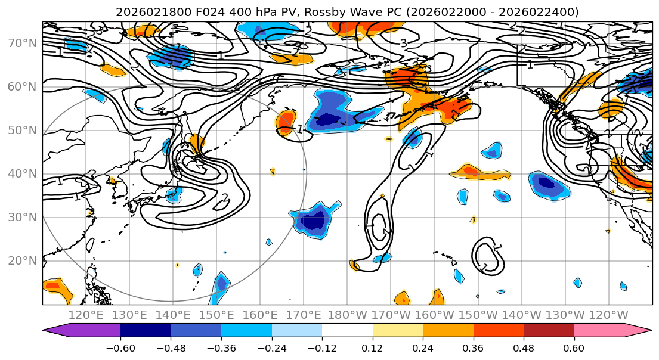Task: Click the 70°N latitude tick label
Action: click(23, 43)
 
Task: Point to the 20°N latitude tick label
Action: click(23, 260)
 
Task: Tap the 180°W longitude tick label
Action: click(348, 315)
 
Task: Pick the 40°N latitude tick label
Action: click(23, 173)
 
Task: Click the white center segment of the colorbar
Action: click(347, 331)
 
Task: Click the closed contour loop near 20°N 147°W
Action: click(488, 256)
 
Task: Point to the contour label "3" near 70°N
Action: click(404, 43)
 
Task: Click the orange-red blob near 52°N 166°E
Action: click(287, 119)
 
